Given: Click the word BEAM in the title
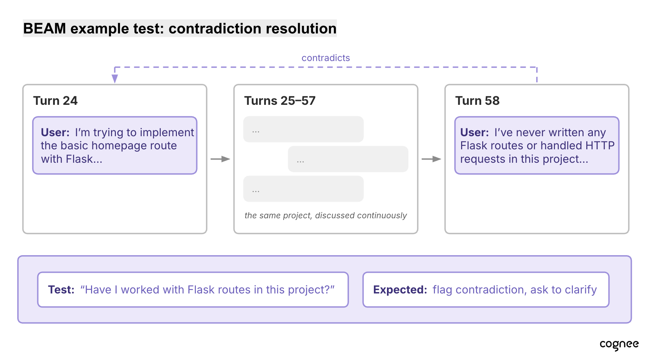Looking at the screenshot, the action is coord(44,29).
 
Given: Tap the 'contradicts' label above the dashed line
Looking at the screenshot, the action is coord(326,58).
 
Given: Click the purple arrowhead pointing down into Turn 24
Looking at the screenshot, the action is coord(115,79).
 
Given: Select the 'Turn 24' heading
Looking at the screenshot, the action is coord(55,101).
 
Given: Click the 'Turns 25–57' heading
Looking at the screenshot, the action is coord(280,101).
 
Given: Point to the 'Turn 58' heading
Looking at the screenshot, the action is coord(477,101).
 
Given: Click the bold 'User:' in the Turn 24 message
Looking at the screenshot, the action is coord(55,132).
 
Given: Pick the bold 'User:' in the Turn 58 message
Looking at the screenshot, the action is coord(475,132).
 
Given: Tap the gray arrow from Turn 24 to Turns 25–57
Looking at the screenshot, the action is coord(220,159).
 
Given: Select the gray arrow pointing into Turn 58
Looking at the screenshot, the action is coord(431,159).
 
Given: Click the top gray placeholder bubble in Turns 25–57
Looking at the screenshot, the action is coord(303,129).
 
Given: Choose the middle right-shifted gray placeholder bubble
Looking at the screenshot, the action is coord(348,159).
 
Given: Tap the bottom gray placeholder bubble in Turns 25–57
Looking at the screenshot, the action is coord(303,189).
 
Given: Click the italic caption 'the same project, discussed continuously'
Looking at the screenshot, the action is coord(326,216).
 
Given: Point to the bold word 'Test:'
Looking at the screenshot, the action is coord(61,290).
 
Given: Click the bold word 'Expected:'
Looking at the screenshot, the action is coord(400,290).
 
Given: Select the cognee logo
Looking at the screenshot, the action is coord(619,345).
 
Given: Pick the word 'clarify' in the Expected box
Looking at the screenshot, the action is coord(581,290).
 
